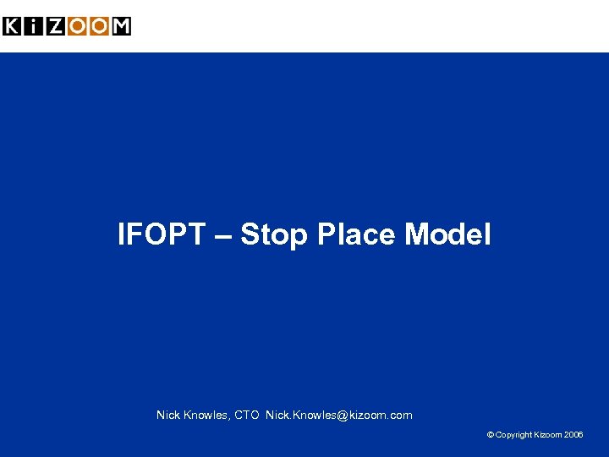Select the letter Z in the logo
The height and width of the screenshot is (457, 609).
coord(56,26)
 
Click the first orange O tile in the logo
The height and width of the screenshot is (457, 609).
coord(78,26)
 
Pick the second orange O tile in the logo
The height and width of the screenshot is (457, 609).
coord(100,26)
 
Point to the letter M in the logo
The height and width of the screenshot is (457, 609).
coord(121,26)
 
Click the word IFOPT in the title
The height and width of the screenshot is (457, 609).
coord(161,234)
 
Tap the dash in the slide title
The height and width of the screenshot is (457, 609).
coord(222,235)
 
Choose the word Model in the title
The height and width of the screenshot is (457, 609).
coord(447,234)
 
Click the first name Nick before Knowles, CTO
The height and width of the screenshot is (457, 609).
coord(168,415)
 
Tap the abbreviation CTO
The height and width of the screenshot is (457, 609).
coord(246,415)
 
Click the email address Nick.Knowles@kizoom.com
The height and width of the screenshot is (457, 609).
coord(338,415)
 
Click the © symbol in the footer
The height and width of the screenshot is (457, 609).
coord(491,435)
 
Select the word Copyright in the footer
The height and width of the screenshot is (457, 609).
coord(514,435)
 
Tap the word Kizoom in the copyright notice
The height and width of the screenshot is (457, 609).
coord(549,435)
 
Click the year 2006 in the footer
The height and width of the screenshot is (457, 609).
coord(573,435)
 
